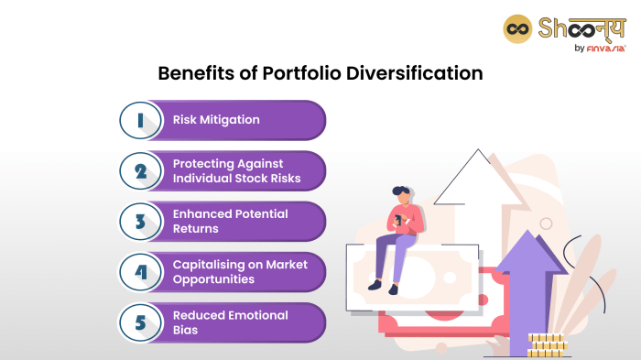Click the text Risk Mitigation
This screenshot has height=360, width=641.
tap(216, 120)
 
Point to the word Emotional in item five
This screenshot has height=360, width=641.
tap(257, 315)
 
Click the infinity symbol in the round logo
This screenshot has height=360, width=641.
tap(517, 27)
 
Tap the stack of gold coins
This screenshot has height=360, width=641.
tap(547, 344)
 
